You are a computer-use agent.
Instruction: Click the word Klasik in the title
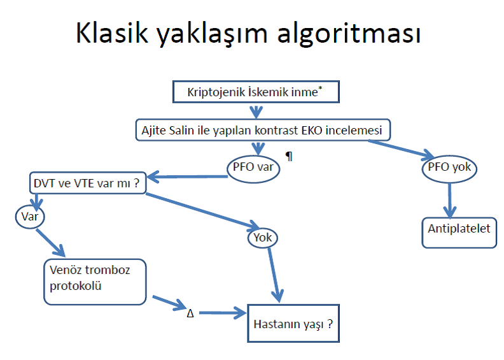(112, 32)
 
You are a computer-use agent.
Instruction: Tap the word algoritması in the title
(349, 34)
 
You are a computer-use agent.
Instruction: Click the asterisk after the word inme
(320, 88)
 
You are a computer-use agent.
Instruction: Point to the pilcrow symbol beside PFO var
(290, 156)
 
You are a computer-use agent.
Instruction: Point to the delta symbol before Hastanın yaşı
(190, 313)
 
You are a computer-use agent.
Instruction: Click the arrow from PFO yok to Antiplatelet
(450, 200)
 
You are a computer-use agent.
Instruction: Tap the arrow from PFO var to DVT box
(187, 176)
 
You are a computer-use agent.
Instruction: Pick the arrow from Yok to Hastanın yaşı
(275, 275)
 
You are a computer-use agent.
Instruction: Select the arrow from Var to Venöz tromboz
(50, 243)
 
